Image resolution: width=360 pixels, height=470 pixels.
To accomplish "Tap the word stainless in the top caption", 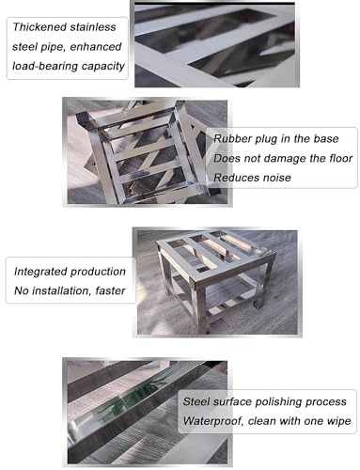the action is [93, 27].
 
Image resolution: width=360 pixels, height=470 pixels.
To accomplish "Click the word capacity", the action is [103, 67].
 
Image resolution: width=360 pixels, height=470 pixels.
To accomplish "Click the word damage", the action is [286, 159].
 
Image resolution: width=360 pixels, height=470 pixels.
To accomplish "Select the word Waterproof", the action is [213, 421].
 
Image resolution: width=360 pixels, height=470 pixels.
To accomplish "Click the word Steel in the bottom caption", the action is [196, 401].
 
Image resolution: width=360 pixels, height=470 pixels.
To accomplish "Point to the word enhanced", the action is [95, 47].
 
